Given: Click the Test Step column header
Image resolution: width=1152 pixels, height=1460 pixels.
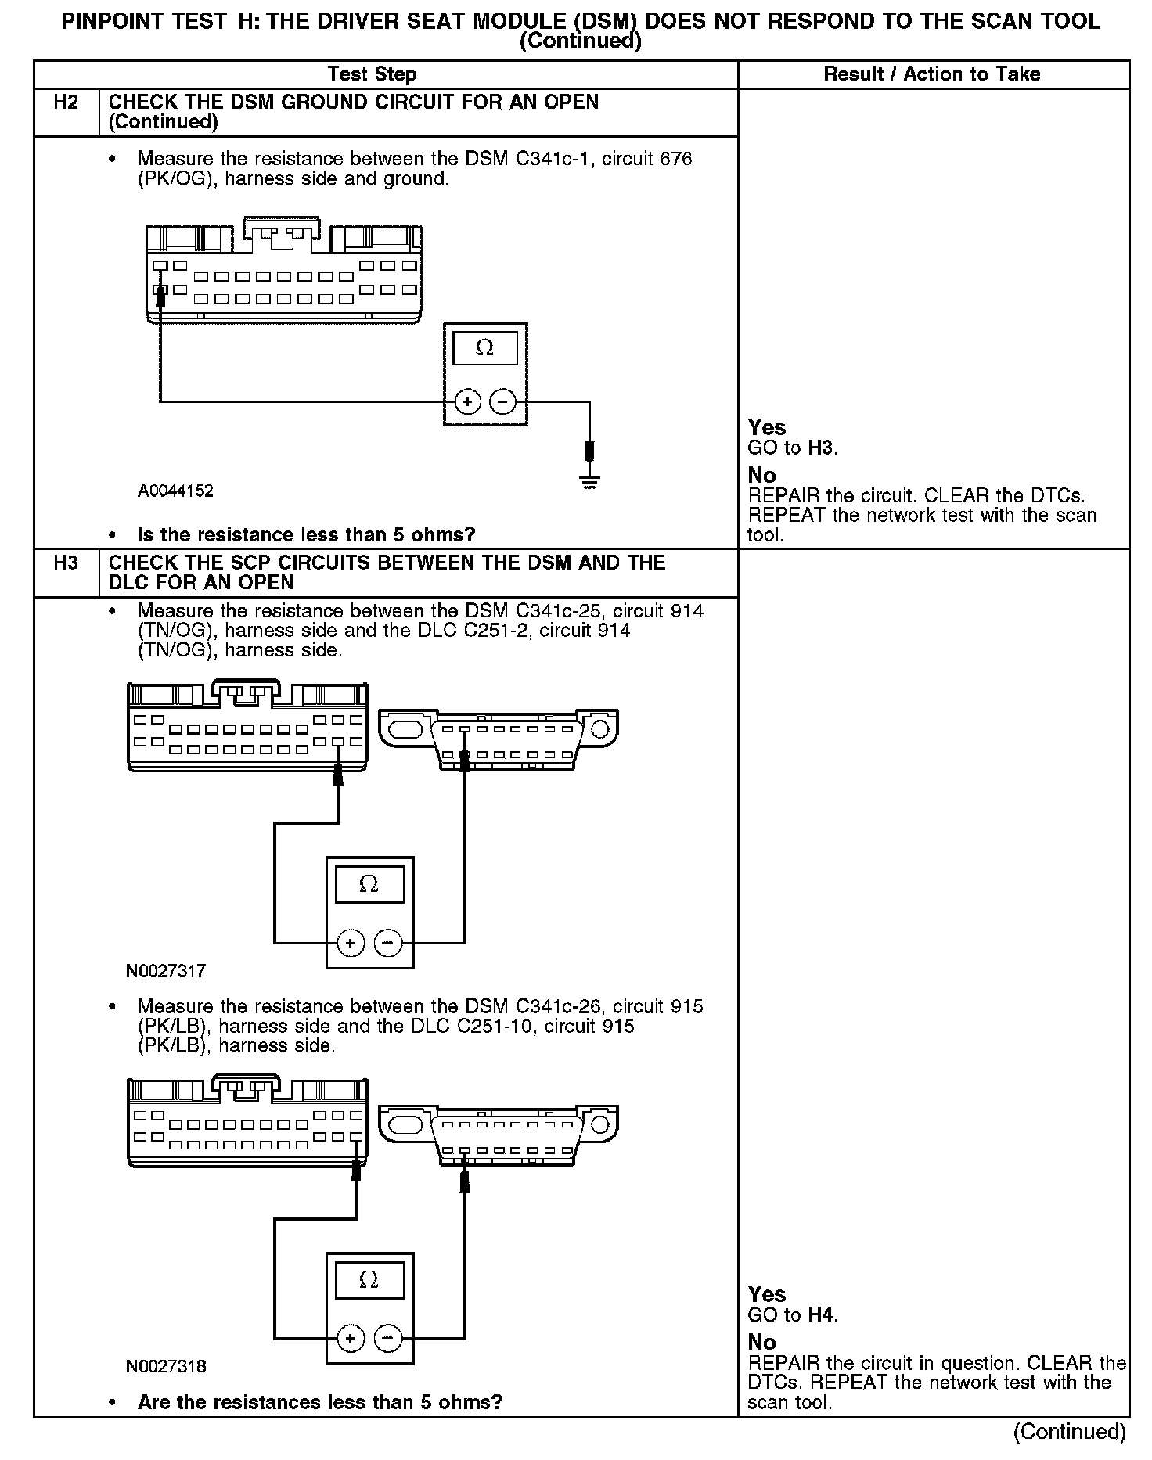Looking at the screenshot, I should [x=372, y=74].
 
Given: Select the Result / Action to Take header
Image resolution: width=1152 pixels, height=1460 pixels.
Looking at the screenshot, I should [x=932, y=74].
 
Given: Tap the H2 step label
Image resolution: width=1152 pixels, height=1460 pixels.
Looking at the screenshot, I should [x=66, y=102].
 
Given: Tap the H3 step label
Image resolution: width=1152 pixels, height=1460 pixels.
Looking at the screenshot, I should [x=66, y=563].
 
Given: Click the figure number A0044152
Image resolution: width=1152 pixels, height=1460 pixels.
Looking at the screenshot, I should [x=175, y=491].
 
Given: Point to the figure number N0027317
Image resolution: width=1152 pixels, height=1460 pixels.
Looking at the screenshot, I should [x=166, y=971].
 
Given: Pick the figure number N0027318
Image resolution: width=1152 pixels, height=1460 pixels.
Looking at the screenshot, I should [x=166, y=1366].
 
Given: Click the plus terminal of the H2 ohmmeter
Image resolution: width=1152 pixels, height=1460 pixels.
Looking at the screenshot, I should [x=467, y=402].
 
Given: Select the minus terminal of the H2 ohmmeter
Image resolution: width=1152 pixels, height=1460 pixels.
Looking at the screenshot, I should [x=502, y=402].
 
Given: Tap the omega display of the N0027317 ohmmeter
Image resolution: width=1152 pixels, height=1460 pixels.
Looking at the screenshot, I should [x=369, y=884].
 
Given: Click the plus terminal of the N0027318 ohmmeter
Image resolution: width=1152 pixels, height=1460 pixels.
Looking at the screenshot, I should [x=351, y=1339].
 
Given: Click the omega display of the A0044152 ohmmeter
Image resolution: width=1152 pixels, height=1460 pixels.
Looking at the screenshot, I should [x=485, y=347].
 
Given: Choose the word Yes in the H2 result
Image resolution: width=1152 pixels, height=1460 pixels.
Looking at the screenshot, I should [x=767, y=427].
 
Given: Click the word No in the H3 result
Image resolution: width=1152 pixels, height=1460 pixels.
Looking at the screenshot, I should [x=761, y=1342].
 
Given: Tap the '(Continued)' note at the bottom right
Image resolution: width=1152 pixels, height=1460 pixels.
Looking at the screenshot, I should [x=1069, y=1431].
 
